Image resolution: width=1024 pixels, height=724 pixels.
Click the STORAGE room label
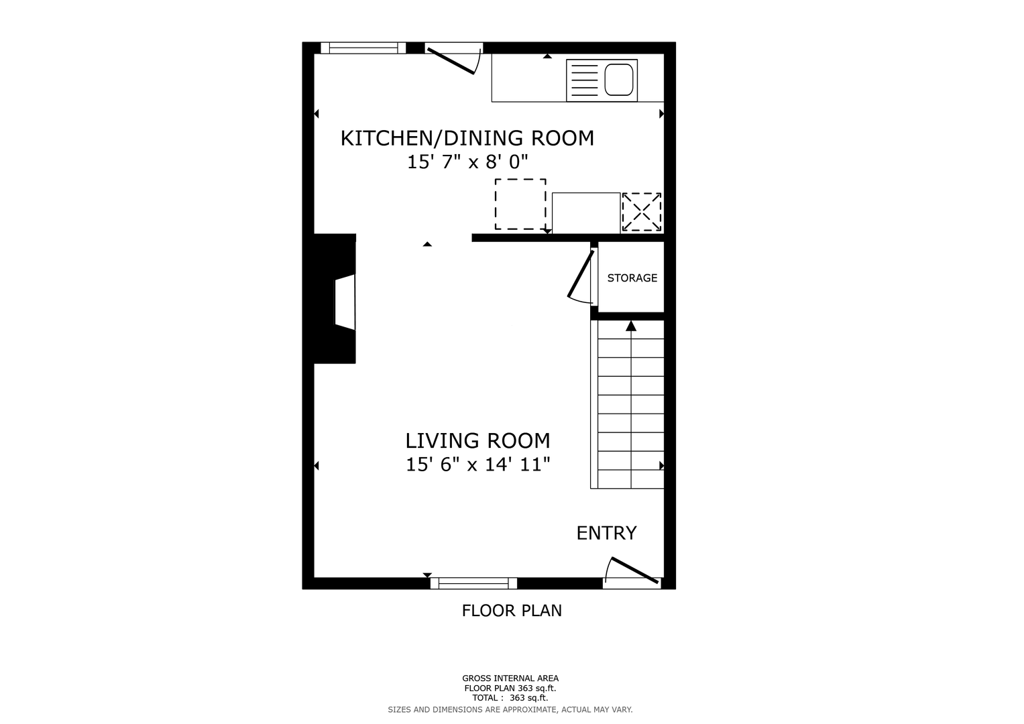pos(632,278)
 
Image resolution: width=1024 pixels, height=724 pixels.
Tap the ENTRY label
pos(606,533)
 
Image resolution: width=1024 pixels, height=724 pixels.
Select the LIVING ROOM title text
pos(477,440)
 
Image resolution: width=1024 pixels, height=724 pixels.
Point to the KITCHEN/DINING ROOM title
pos(467,138)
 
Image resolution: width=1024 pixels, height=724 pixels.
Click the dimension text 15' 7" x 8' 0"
pos(467,162)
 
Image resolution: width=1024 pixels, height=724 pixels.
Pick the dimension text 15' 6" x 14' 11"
pos(477,465)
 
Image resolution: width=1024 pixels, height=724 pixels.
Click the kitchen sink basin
pos(619,80)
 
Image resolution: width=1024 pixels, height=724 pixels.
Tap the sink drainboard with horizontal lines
pos(585,80)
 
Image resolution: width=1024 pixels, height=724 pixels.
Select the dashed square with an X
pos(641,212)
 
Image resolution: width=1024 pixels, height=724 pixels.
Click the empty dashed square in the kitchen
pos(520,204)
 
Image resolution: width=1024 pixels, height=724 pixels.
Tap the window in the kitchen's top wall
pos(363,48)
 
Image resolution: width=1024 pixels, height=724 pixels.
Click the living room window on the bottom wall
pos(473,583)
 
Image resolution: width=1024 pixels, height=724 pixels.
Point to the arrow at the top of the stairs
pos(631,325)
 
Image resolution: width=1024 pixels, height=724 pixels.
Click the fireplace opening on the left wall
pos(345,302)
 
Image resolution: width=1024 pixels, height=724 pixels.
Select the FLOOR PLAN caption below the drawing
pos(512,611)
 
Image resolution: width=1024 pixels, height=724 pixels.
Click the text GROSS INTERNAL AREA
pos(510,678)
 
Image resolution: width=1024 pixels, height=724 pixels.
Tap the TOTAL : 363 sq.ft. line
pos(510,698)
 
